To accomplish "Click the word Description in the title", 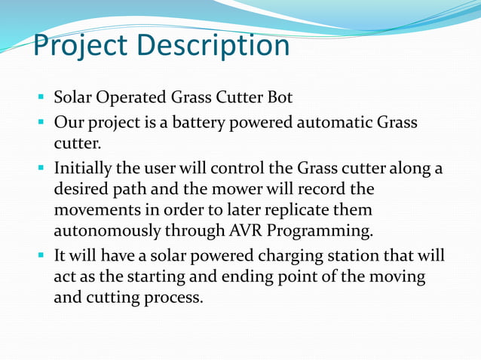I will pyautogui.click(x=214, y=46).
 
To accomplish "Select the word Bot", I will pyautogui.click(x=277, y=98).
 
